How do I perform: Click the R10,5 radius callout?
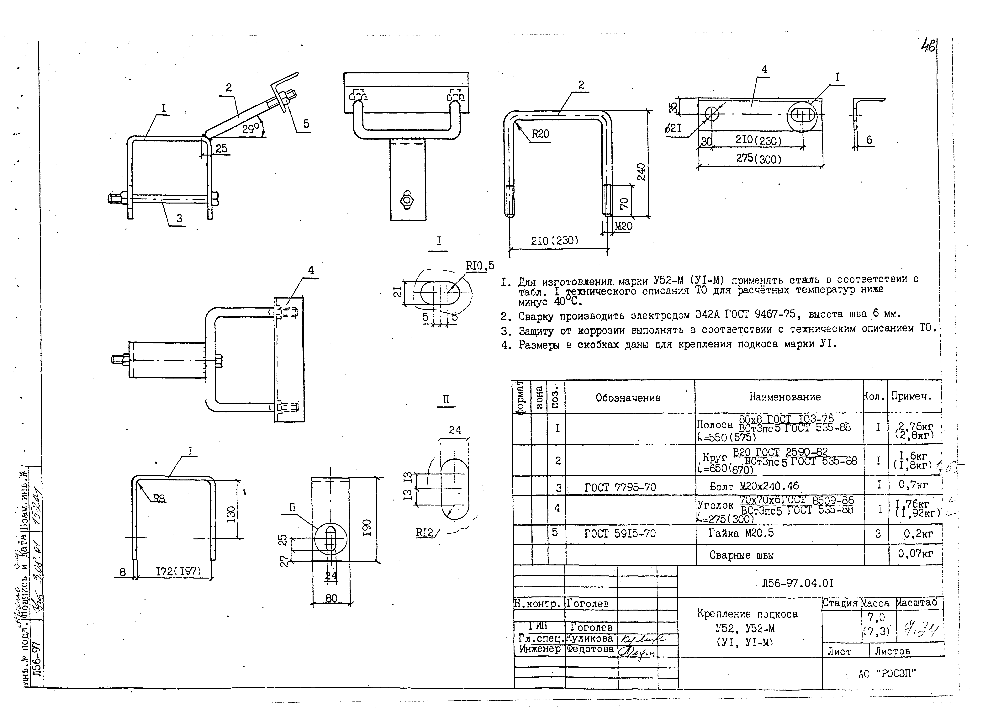[480, 266]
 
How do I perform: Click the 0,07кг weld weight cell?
[915, 554]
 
